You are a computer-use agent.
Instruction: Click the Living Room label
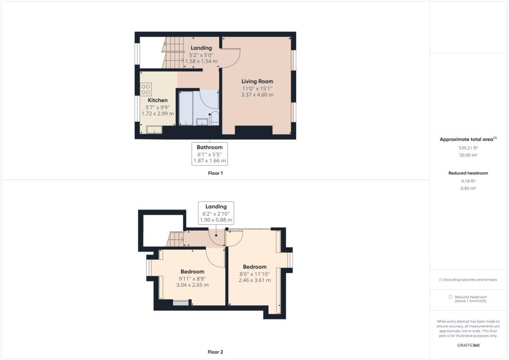(x=257, y=82)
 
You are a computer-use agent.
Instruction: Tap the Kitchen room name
(x=158, y=100)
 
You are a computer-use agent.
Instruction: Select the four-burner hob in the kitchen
(x=146, y=90)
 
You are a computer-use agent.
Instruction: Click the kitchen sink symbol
(x=154, y=129)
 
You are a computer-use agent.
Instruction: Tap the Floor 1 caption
(x=215, y=174)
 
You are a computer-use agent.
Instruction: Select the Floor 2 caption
(x=215, y=352)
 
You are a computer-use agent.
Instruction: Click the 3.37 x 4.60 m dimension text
(x=257, y=95)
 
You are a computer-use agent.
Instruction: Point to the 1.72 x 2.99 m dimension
(x=158, y=113)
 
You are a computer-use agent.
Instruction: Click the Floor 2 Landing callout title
(x=216, y=206)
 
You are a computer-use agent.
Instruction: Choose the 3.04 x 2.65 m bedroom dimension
(x=192, y=285)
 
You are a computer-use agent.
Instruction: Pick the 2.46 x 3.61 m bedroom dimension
(x=254, y=280)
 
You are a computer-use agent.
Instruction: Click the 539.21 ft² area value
(x=468, y=148)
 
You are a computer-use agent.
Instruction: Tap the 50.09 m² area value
(x=468, y=155)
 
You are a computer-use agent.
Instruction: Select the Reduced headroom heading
(x=468, y=173)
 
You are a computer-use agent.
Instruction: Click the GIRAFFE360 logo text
(x=468, y=346)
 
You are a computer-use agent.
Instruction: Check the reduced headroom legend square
(x=450, y=297)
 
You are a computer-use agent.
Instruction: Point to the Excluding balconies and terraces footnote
(x=468, y=279)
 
